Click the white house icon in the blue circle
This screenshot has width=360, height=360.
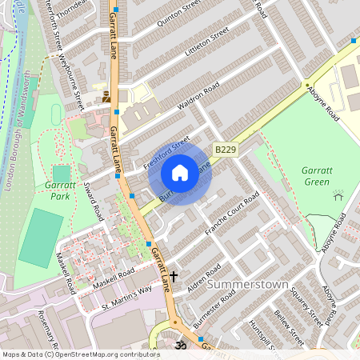(180, 173)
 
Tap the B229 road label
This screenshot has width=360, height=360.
(225, 150)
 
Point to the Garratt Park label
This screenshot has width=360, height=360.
(50, 191)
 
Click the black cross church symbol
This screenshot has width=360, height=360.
(172, 277)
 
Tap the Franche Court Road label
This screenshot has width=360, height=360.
(232, 214)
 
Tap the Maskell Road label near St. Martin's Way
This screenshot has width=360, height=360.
(113, 279)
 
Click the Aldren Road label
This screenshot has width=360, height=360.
(202, 278)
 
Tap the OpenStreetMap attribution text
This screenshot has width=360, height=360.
(80, 354)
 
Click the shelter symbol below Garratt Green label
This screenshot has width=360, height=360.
(338, 194)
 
